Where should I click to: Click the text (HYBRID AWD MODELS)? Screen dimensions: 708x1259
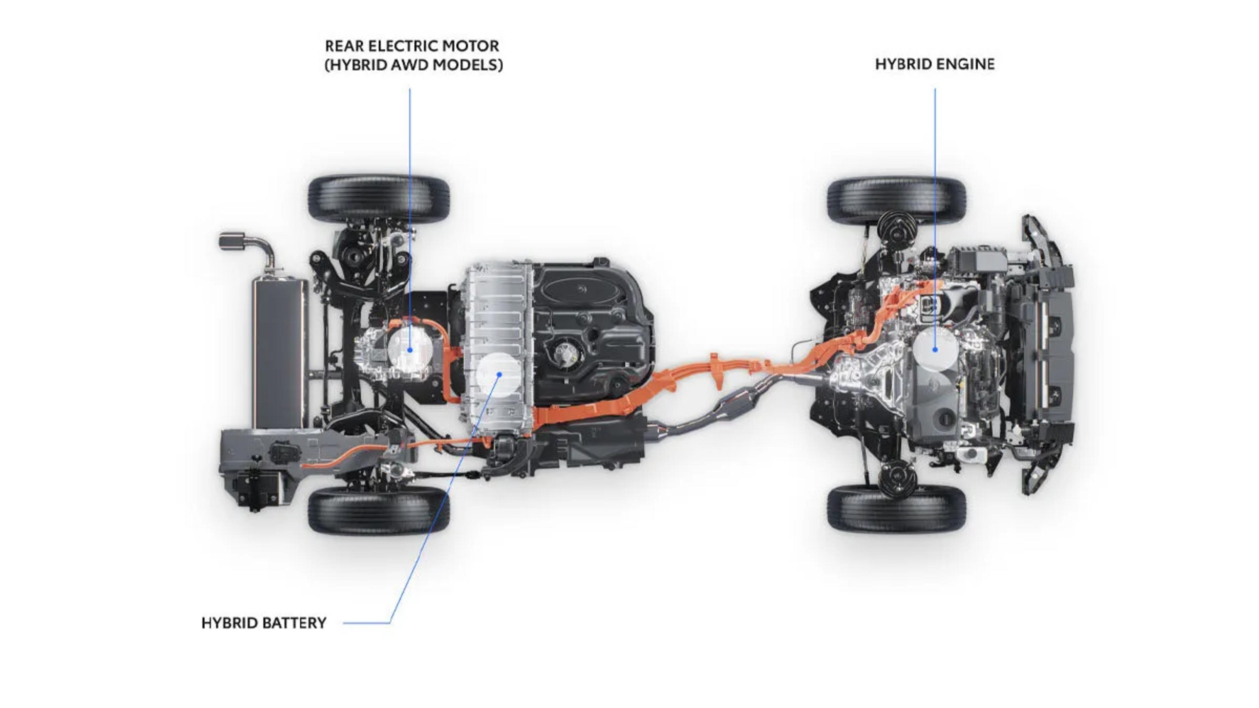(413, 65)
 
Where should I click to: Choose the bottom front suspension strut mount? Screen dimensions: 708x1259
(897, 478)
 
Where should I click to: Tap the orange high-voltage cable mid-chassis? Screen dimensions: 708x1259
(709, 371)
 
